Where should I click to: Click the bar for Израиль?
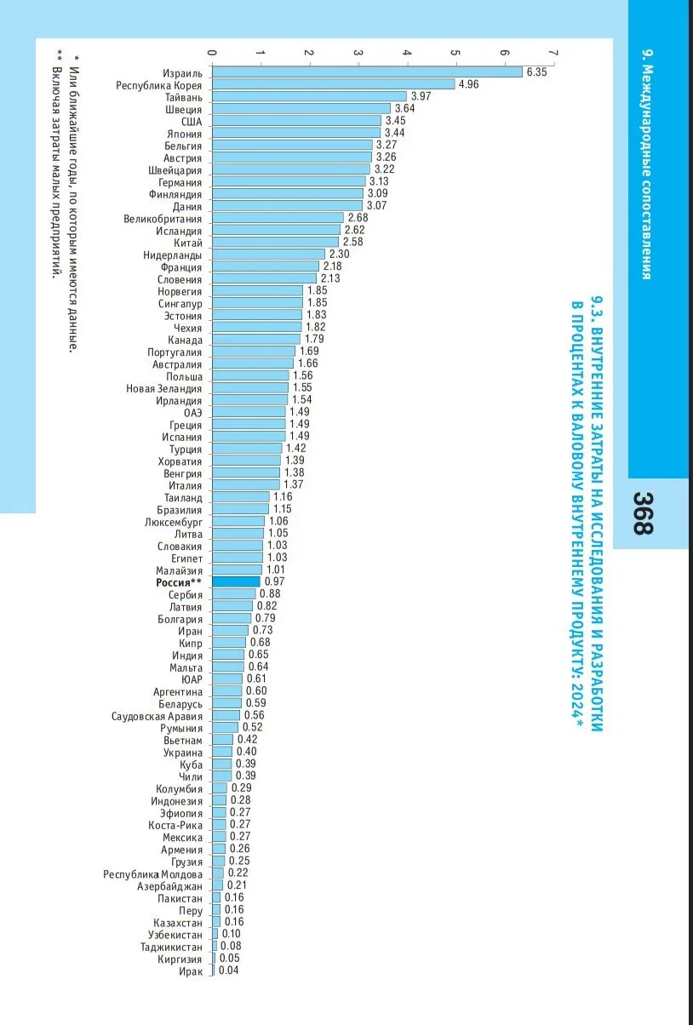tap(366, 72)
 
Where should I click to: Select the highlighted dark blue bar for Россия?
tap(236, 581)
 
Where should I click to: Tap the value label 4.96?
tap(469, 84)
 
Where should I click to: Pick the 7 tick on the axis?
tap(554, 54)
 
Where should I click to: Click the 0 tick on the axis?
tap(212, 54)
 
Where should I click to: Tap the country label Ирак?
tap(190, 971)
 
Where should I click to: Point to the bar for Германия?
tap(289, 181)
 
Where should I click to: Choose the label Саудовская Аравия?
tap(157, 715)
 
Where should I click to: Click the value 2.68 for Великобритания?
tap(358, 218)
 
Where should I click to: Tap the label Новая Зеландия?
tap(164, 387)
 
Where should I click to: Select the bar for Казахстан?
tap(216, 922)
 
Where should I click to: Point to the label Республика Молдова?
tap(153, 874)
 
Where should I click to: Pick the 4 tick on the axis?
tap(408, 54)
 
